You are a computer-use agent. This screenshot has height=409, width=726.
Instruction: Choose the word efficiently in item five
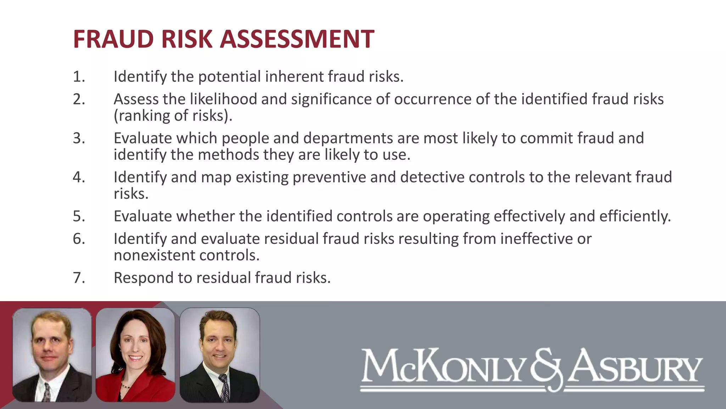click(x=635, y=216)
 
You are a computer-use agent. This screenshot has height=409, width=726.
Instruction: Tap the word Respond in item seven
click(x=144, y=278)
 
